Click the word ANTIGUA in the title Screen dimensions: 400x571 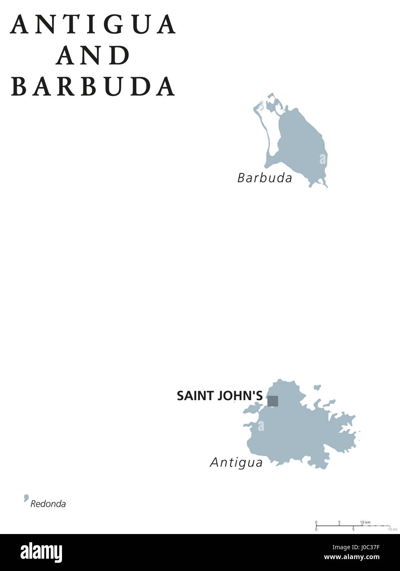tap(94, 25)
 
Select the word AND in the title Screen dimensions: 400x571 tap(93, 55)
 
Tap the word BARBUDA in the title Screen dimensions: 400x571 tap(93, 86)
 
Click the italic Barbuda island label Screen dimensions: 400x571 tap(264, 178)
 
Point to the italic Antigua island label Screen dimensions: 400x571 tap(236, 463)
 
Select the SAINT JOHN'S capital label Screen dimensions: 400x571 tap(219, 396)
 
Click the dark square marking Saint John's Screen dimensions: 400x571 tap(273, 401)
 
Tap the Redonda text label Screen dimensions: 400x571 tap(48, 504)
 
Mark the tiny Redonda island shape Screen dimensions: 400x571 tap(26, 498)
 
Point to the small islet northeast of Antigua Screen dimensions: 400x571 tap(317, 387)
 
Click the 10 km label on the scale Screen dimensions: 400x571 tap(365, 522)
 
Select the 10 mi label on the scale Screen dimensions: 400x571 tap(392, 529)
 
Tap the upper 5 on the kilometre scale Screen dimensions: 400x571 tap(339, 522)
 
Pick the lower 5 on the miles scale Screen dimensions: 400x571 tap(353, 529)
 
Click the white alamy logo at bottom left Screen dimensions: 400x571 tap(41, 553)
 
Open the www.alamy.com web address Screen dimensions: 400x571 tap(352, 557)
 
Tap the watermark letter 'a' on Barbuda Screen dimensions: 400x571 tap(323, 159)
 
